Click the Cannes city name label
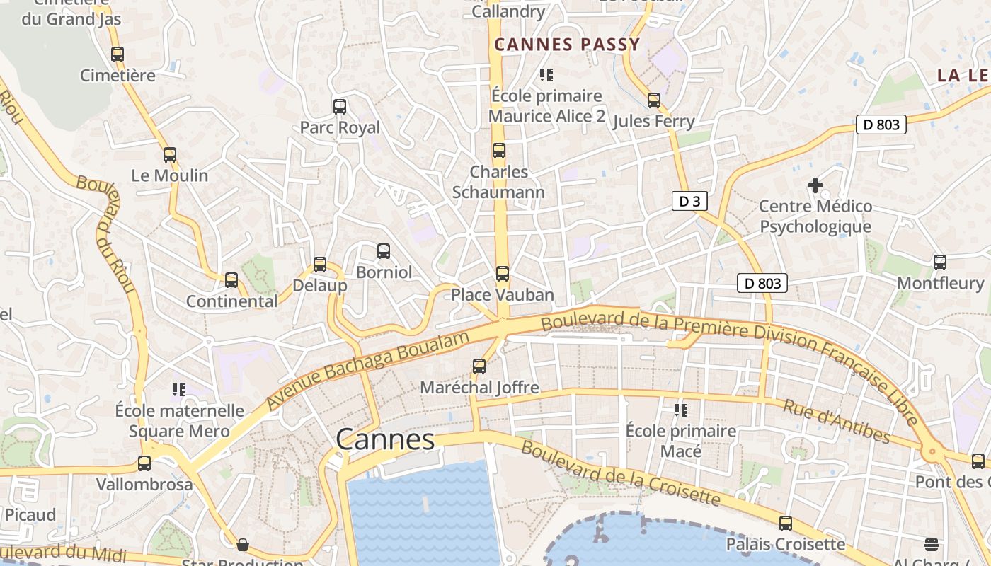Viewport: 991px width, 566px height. [385, 439]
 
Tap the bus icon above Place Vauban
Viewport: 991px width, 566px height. [502, 273]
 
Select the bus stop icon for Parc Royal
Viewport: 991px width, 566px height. [340, 107]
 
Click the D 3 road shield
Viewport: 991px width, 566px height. [689, 201]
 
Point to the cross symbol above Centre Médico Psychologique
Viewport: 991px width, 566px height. [815, 185]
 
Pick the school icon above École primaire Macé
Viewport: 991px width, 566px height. [681, 410]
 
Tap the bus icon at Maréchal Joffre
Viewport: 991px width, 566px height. [479, 366]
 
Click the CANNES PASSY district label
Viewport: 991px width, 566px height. [567, 45]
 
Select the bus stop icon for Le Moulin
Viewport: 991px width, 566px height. [170, 155]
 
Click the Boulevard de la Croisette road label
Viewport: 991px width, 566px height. [620, 473]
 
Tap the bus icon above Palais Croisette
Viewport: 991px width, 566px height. [786, 524]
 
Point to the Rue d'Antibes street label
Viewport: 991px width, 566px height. [836, 421]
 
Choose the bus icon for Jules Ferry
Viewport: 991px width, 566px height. [654, 100]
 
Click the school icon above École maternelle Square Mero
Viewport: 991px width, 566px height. [179, 390]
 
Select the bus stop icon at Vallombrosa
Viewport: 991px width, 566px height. [144, 463]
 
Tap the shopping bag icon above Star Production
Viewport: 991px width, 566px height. [243, 545]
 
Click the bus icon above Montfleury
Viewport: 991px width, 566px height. [940, 262]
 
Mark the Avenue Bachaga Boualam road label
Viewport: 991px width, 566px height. [368, 370]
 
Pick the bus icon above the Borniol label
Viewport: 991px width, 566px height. [384, 250]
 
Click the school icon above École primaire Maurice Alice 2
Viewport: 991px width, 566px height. [546, 74]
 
